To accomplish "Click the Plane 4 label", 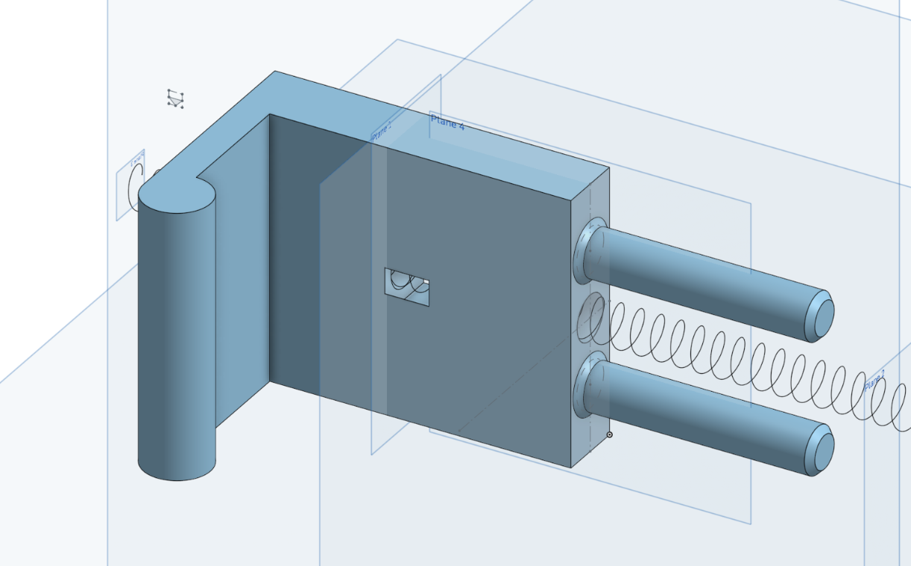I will click(x=447, y=123).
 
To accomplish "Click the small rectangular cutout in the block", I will click(x=406, y=287).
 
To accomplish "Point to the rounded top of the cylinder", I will click(x=177, y=197).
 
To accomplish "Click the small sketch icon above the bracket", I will click(x=175, y=99).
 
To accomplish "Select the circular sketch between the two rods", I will click(x=590, y=314).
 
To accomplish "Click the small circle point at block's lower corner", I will click(x=609, y=434).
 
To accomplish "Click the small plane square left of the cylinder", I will click(x=130, y=186).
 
